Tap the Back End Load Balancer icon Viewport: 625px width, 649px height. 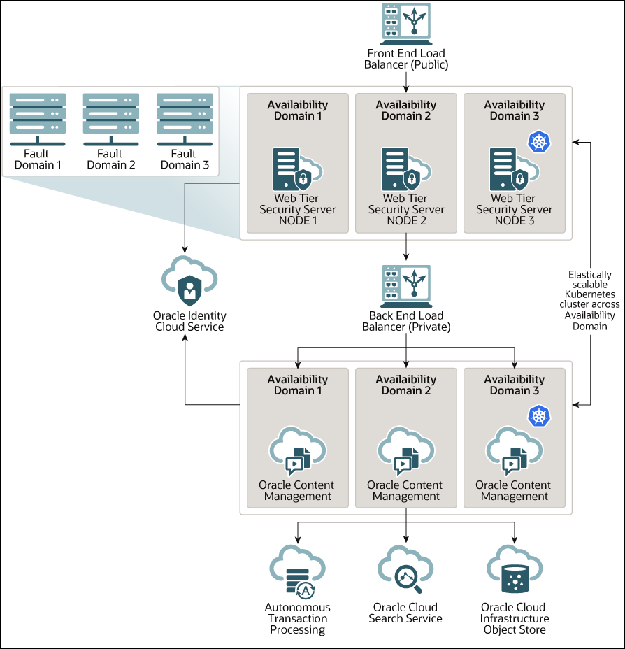click(406, 284)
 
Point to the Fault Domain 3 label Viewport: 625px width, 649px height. click(185, 159)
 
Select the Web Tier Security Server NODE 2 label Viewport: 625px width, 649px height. click(406, 210)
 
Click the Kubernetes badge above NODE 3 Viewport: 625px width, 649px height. click(538, 143)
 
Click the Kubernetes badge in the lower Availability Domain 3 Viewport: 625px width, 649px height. click(538, 418)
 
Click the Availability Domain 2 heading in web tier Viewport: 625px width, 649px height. click(406, 110)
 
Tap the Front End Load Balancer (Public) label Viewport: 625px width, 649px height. click(406, 59)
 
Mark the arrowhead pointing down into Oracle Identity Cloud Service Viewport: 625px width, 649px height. click(185, 250)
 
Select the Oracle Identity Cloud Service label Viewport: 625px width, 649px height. click(189, 322)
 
